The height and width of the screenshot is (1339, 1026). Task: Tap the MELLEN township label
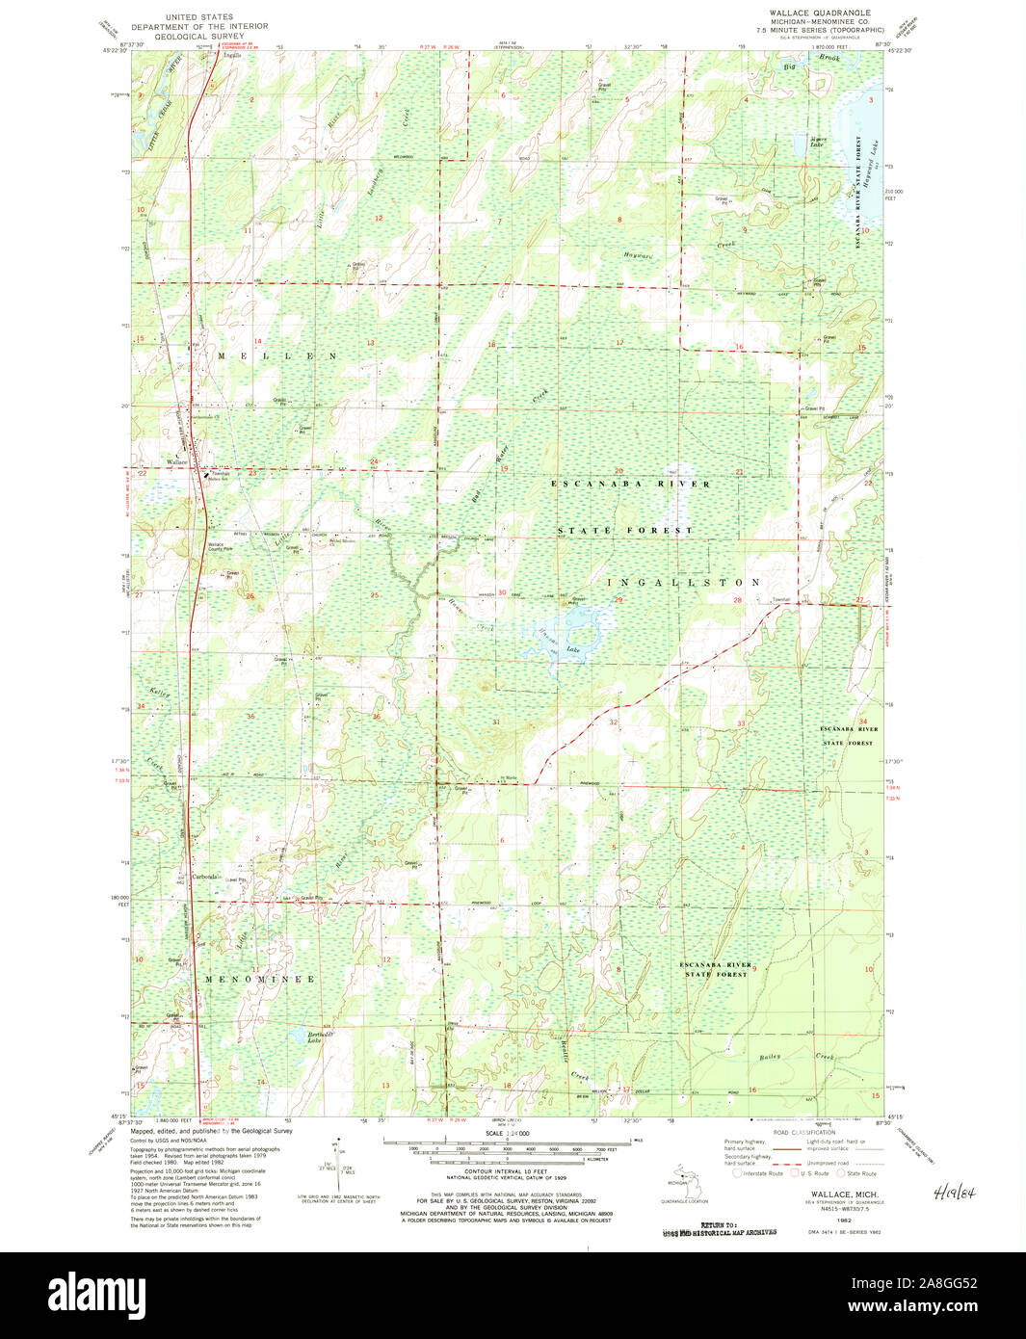coord(276,356)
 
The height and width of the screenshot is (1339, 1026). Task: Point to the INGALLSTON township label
coord(684,583)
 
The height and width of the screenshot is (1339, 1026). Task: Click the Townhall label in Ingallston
coord(779,600)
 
